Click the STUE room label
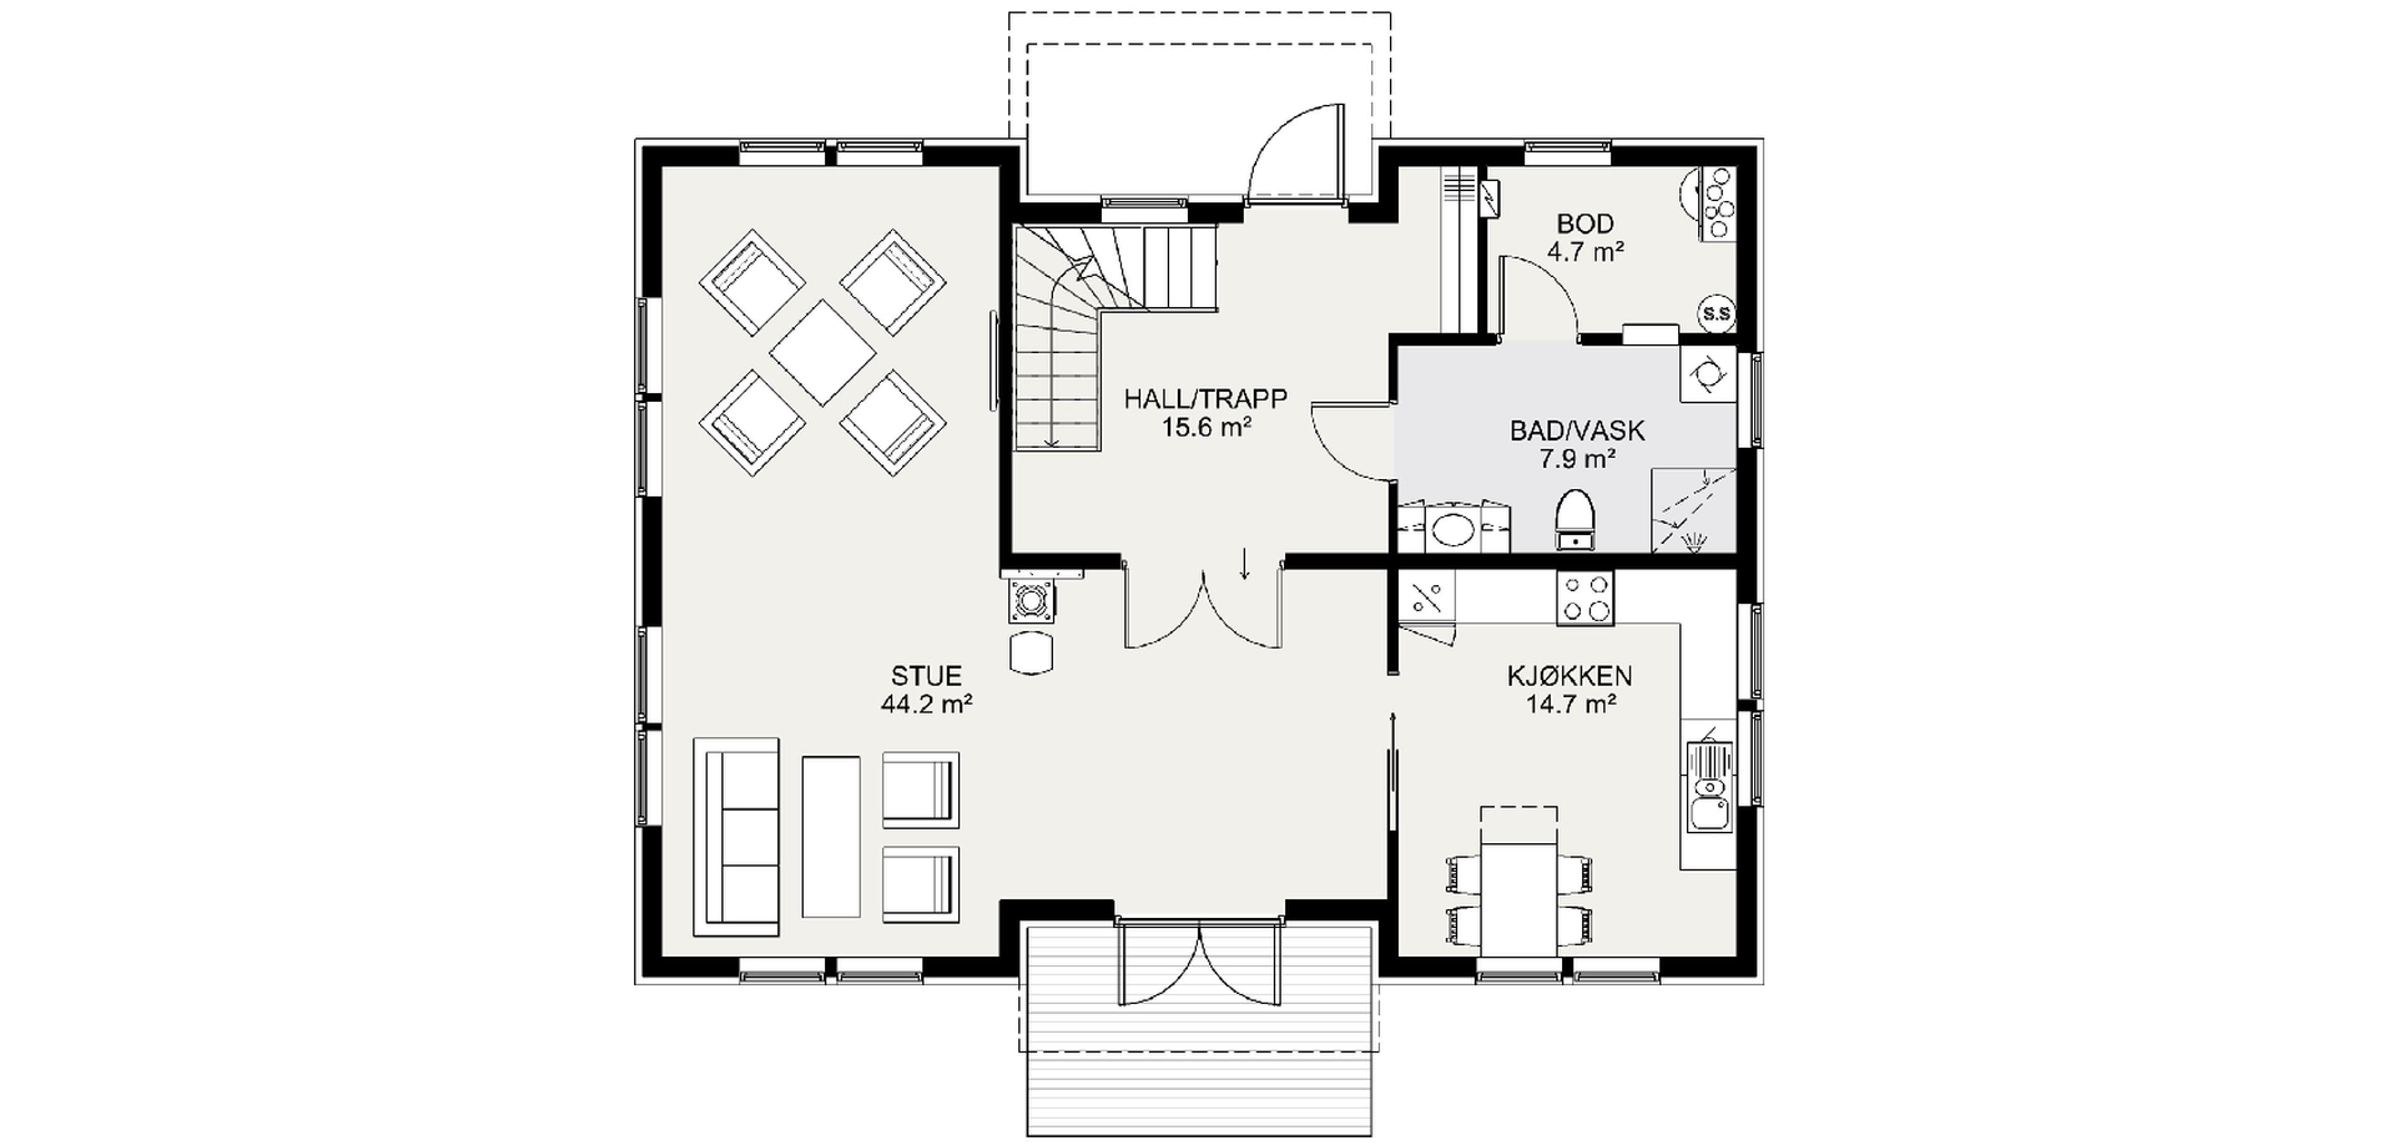(926, 676)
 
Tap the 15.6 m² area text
(1205, 428)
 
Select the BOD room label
(1585, 224)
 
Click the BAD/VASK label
(1577, 430)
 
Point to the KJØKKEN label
(1569, 676)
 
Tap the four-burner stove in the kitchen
(1585, 598)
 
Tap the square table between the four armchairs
(823, 352)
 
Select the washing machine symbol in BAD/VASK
(1708, 375)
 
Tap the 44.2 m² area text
(926, 704)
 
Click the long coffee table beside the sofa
(830, 837)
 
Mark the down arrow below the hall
(1244, 564)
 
